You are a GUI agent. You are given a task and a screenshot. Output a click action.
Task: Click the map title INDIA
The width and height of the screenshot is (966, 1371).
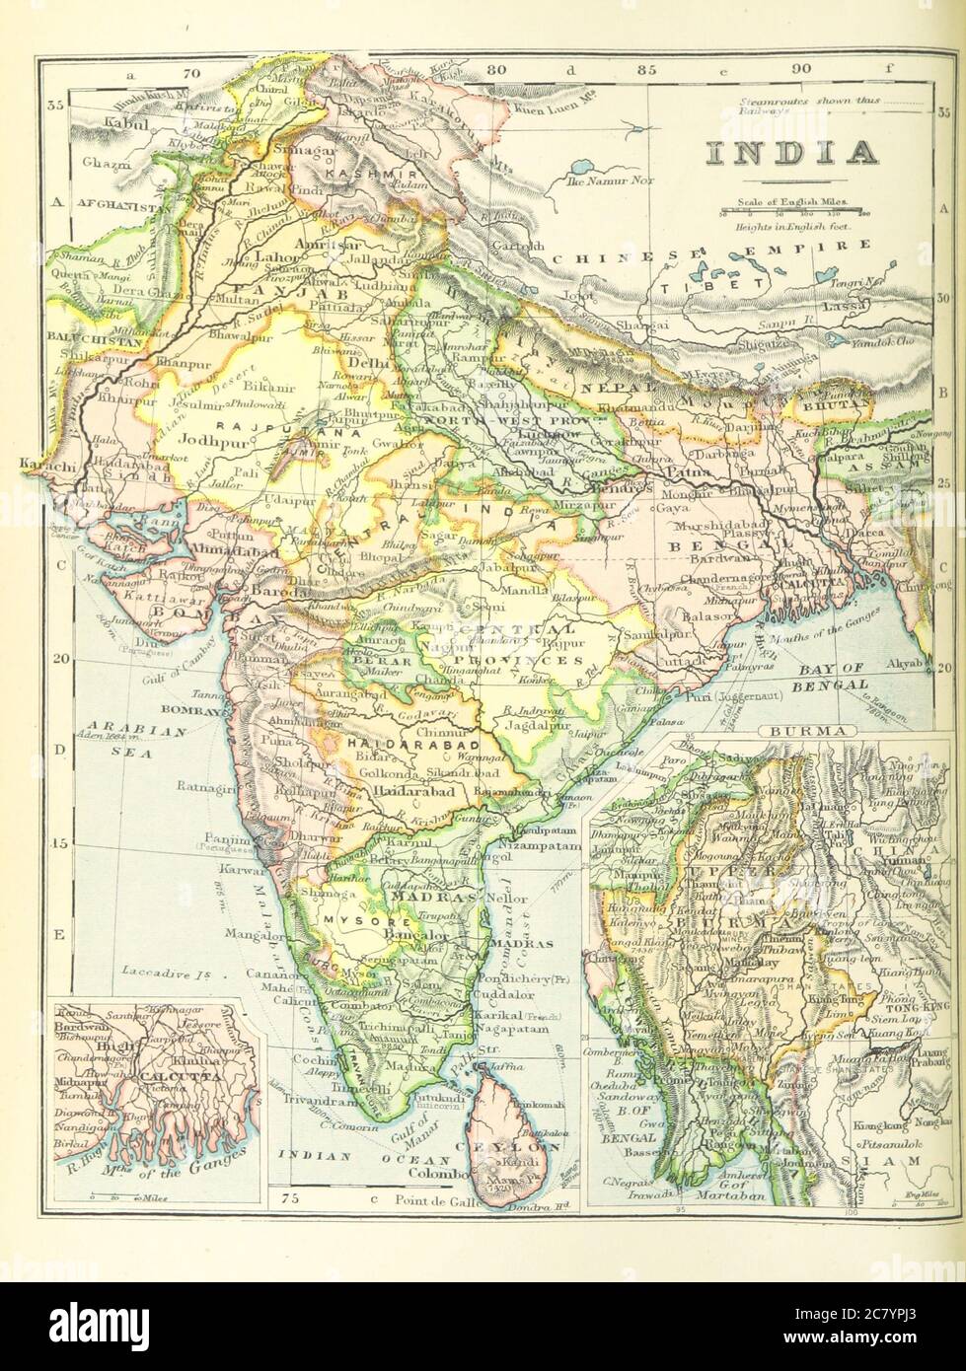coord(791,153)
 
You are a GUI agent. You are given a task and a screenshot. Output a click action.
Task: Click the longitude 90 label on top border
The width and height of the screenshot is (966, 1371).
coord(800,69)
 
